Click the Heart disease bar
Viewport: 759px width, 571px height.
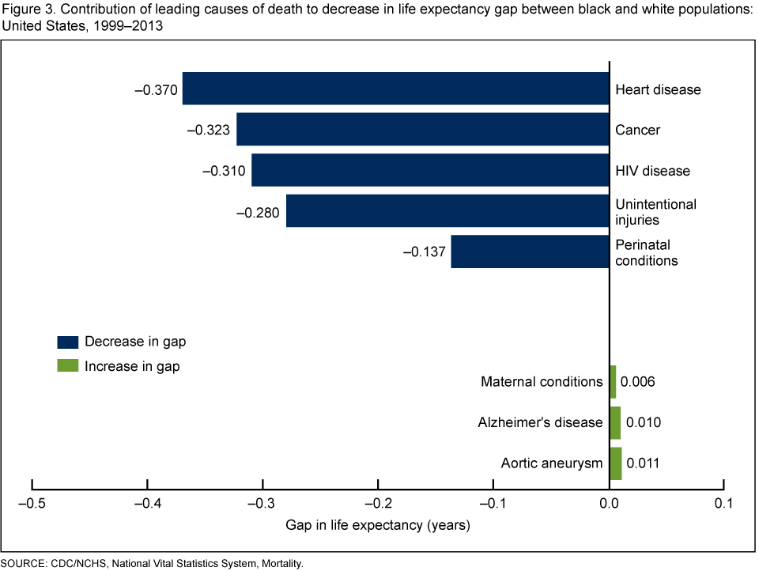[395, 89]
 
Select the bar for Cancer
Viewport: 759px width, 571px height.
[422, 130]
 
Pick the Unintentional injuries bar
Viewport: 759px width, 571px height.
[447, 211]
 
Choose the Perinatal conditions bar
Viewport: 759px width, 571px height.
[530, 251]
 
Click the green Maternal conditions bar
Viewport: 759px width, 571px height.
[613, 382]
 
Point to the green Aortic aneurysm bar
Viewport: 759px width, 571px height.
[615, 463]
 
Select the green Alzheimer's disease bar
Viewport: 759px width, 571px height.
[614, 422]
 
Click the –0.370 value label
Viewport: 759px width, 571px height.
[156, 89]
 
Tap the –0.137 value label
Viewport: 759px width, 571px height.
[425, 252]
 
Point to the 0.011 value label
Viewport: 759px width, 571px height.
[644, 463]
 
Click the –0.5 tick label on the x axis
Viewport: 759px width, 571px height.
[32, 503]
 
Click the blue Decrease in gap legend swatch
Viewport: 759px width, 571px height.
[68, 342]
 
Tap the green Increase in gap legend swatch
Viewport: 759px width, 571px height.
[68, 366]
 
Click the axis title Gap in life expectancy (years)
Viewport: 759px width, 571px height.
[378, 525]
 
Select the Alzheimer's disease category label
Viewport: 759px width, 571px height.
[540, 422]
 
